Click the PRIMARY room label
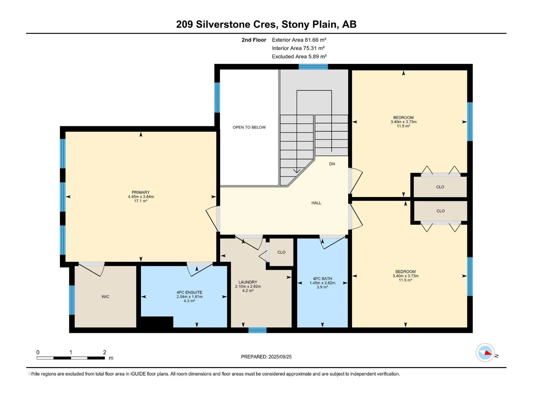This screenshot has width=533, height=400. [x=141, y=192]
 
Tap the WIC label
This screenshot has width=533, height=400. [x=105, y=297]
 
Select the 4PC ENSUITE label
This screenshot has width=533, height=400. [x=189, y=292]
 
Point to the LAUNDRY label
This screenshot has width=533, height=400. [x=248, y=282]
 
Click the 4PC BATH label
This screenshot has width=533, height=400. [x=322, y=279]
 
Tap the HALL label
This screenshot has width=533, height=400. [x=316, y=203]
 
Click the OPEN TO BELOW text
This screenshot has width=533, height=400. [x=249, y=127]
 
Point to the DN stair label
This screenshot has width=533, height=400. [x=332, y=164]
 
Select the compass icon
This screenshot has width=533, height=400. [x=485, y=352]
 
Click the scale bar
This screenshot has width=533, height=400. [x=71, y=358]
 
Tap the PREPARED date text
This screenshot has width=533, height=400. [x=266, y=357]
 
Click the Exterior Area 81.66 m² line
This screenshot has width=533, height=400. [x=299, y=40]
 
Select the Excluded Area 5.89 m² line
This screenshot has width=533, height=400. [x=299, y=56]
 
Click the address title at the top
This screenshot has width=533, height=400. [x=266, y=24]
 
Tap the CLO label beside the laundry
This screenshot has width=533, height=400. [x=281, y=252]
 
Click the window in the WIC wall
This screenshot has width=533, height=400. [x=72, y=300]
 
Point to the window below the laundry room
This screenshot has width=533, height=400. [x=258, y=330]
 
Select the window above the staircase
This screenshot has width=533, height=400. [x=313, y=67]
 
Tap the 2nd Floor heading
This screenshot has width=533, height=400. [x=254, y=40]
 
